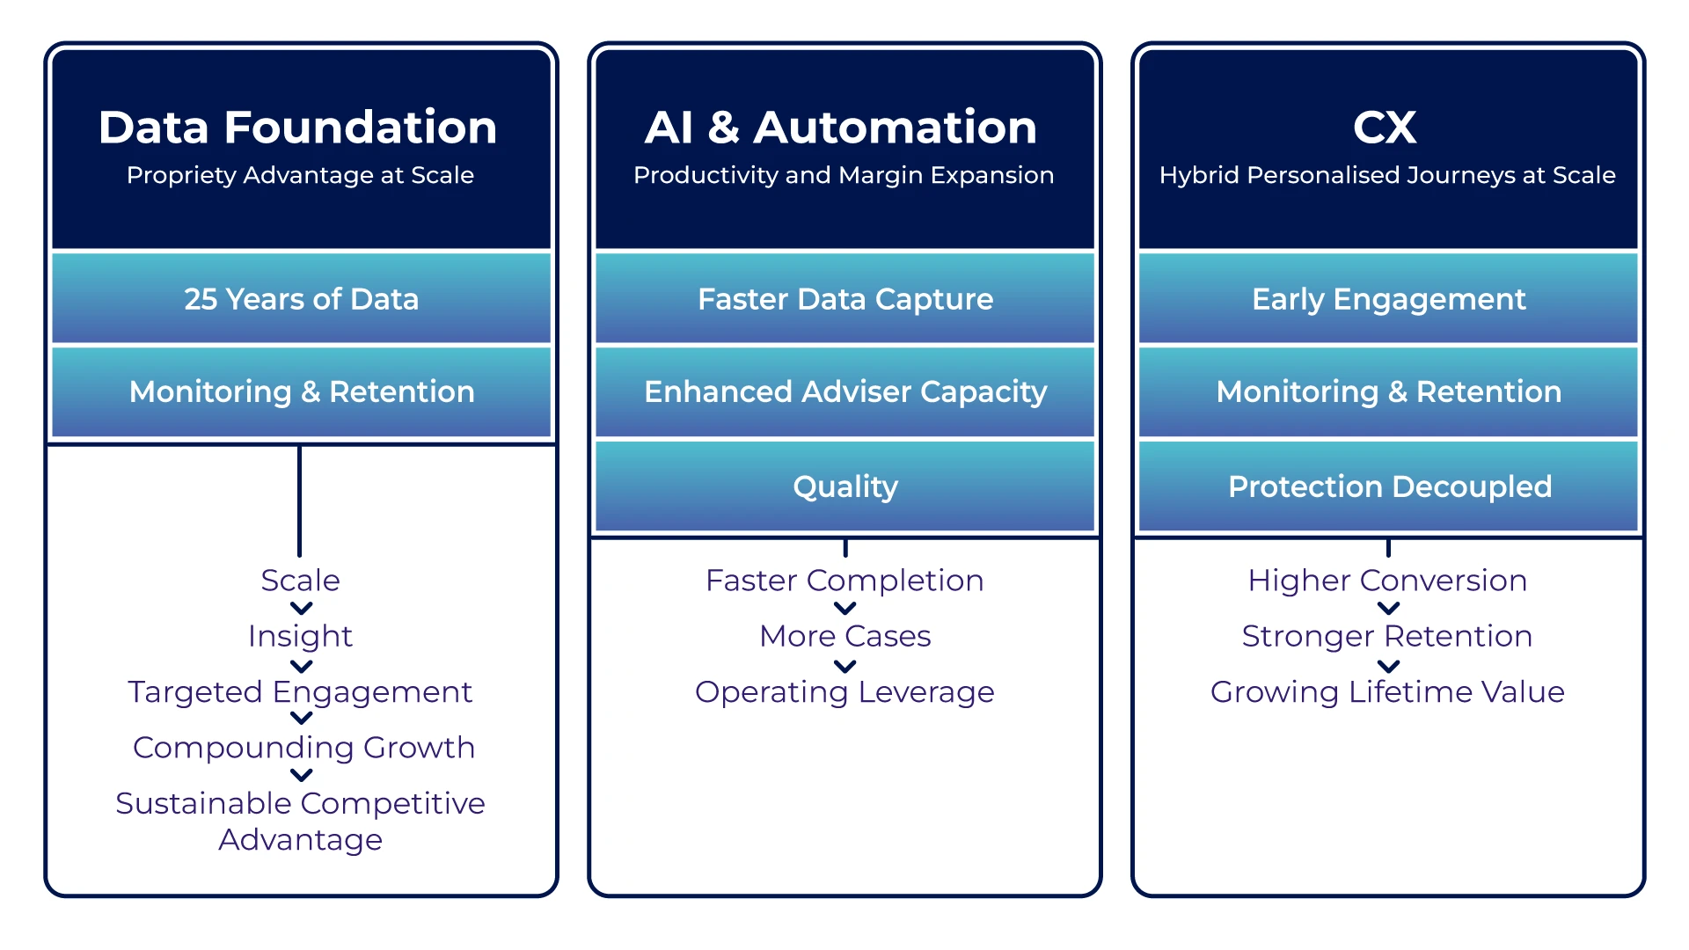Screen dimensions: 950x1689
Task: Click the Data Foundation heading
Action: (x=298, y=128)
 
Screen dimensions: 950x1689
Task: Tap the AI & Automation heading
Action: (x=841, y=128)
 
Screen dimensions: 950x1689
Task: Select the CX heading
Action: (x=1385, y=128)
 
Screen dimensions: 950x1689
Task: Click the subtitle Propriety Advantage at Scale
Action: (x=300, y=175)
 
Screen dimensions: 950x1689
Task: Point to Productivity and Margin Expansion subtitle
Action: (x=844, y=175)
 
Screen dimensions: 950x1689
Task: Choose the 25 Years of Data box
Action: (x=301, y=299)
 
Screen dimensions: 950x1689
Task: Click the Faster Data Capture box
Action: (x=844, y=299)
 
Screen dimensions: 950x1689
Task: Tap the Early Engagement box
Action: (x=1388, y=299)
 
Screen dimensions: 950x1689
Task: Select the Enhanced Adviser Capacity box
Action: (x=844, y=392)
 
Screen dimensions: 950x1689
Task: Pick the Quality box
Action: (x=844, y=486)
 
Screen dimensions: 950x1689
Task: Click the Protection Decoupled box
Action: (x=1388, y=486)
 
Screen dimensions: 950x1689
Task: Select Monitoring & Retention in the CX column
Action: (x=1388, y=392)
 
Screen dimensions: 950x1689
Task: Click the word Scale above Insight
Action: (x=300, y=581)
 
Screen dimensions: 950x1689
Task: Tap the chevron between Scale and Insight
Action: (x=301, y=608)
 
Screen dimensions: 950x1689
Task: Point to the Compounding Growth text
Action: (x=303, y=748)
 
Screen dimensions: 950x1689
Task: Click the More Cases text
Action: (x=844, y=636)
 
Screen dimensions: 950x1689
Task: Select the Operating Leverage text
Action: (x=844, y=692)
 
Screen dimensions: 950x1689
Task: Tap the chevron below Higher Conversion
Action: (x=1388, y=608)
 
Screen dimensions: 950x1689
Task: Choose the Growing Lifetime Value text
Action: (x=1387, y=692)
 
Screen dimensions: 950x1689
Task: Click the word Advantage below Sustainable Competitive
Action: (x=300, y=840)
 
